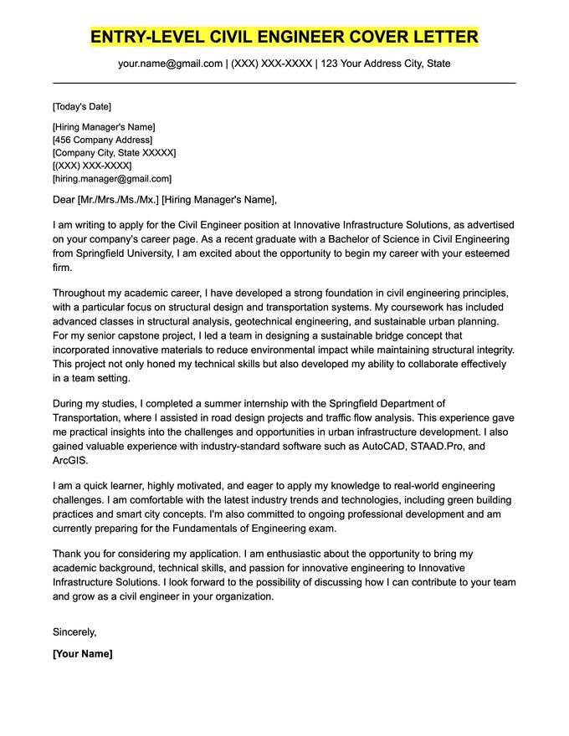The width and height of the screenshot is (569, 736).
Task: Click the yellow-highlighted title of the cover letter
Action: [x=284, y=37]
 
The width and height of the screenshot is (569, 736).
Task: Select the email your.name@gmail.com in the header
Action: [x=170, y=64]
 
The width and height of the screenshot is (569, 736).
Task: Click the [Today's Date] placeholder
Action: [x=81, y=106]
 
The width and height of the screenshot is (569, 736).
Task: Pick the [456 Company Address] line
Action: [x=102, y=140]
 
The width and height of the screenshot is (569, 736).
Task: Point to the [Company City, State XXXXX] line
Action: [x=114, y=153]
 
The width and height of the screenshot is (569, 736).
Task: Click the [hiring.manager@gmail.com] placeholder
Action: [x=111, y=178]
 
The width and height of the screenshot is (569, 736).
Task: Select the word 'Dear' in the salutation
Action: [x=64, y=199]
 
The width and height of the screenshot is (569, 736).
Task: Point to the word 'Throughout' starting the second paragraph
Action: [x=82, y=294]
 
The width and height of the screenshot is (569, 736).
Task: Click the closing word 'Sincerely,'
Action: [x=74, y=631]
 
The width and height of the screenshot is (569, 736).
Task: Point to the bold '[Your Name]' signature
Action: [x=82, y=653]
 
